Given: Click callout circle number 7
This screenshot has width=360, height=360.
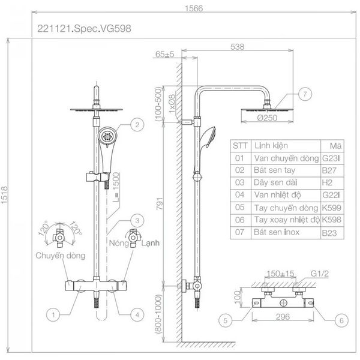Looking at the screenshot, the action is click(305, 94).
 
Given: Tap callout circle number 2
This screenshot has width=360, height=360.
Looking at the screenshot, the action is click(137, 125).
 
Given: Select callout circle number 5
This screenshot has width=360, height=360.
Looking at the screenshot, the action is click(225, 320).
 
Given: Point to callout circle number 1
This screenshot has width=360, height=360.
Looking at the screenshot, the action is click(53, 314).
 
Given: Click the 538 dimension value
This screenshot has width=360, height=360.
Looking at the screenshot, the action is click(237, 47).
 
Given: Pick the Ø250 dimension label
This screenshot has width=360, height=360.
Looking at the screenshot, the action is click(267, 118).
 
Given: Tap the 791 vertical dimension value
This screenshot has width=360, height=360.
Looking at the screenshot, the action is click(160, 203).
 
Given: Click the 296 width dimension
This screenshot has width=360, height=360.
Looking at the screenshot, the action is click(283, 317).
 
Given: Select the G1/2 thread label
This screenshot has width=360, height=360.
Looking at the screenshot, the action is click(320, 274).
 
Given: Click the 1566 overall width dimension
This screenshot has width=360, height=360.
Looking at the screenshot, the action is click(194, 8).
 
